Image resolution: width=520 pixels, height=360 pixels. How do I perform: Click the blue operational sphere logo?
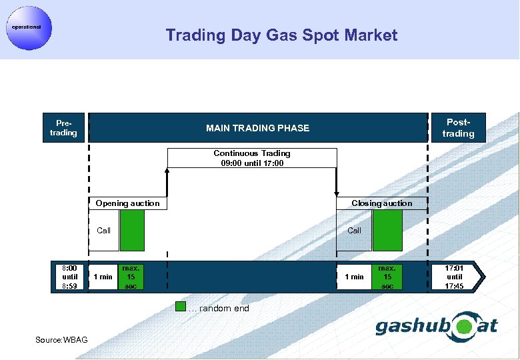click(27, 27)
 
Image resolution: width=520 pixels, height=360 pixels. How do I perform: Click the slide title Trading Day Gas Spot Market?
click(281, 35)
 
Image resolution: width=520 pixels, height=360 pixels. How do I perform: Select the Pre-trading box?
click(64, 128)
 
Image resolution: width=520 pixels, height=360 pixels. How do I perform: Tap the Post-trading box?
click(458, 128)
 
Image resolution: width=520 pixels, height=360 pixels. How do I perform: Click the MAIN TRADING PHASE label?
click(257, 128)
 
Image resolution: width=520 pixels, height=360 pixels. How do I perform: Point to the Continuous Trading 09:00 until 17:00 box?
click(252, 158)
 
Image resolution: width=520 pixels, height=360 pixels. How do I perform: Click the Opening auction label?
click(127, 203)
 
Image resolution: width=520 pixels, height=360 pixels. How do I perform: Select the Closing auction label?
click(381, 203)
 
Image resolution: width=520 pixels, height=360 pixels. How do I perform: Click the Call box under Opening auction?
click(103, 231)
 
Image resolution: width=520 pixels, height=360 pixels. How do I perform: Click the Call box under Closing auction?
click(354, 231)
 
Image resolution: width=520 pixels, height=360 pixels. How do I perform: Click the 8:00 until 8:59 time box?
click(70, 277)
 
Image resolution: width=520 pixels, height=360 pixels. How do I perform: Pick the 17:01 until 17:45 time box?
click(455, 277)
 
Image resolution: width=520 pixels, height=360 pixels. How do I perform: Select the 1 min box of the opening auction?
click(103, 277)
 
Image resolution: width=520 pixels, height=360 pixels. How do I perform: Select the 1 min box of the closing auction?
click(354, 277)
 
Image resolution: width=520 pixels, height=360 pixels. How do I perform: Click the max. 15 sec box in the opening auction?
click(131, 277)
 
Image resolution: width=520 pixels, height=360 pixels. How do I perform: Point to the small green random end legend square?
click(180, 307)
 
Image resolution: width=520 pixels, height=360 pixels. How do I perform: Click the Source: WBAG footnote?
click(57, 341)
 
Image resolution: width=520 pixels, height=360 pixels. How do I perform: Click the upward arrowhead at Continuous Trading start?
click(167, 171)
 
